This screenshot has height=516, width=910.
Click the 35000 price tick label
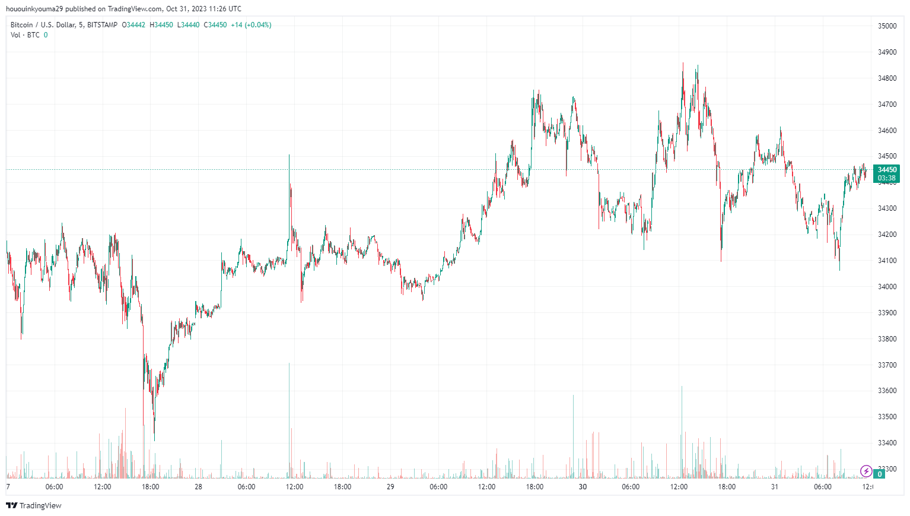coord(887,26)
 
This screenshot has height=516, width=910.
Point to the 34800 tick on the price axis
coord(887,78)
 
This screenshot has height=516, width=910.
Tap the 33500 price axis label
coord(887,417)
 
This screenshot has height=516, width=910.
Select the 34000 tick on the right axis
coord(887,287)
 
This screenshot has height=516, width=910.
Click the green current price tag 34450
coord(887,170)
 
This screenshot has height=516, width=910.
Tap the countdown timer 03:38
coord(887,178)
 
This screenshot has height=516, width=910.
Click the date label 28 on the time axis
coord(198,487)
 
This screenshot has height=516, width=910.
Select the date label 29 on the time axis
coord(390,487)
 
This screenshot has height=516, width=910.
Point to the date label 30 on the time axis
coord(583,487)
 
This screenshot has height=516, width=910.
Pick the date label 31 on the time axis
coord(774,487)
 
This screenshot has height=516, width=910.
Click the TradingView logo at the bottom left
coord(34,505)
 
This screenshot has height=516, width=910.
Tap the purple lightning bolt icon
coord(866,471)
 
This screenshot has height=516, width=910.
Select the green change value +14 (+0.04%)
coord(251,25)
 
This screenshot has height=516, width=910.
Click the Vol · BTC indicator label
coord(25,35)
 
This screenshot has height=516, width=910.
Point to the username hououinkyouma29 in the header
coord(34,9)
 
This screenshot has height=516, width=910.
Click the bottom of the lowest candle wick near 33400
coord(154,441)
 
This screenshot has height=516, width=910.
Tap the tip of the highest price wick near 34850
coord(683,64)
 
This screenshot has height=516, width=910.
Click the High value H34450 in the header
coord(161,25)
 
